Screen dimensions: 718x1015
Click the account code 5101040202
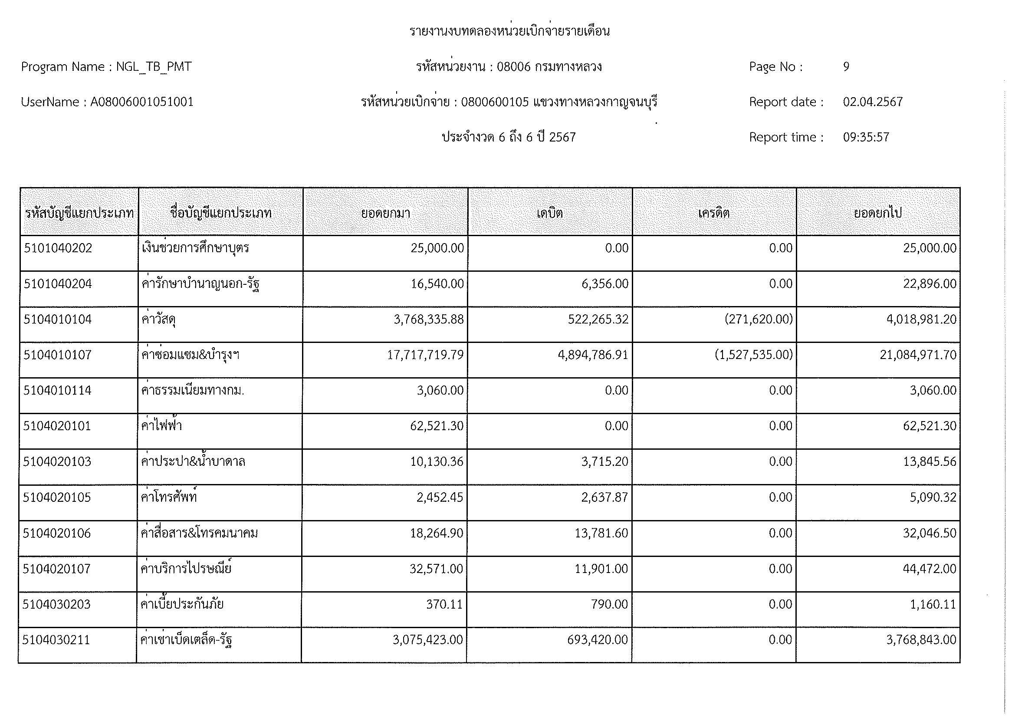(x=58, y=248)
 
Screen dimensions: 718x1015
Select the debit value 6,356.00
(x=604, y=284)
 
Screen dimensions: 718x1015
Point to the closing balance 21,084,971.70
(x=918, y=355)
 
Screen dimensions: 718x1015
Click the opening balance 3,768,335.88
(x=428, y=319)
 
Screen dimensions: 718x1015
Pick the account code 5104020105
(x=57, y=497)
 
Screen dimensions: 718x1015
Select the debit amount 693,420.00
(x=597, y=640)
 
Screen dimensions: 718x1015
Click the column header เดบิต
(x=549, y=213)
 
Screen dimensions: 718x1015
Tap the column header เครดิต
(x=713, y=213)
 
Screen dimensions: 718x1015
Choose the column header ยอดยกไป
(x=877, y=213)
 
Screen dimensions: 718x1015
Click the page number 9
(x=846, y=67)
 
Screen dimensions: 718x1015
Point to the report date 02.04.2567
(x=872, y=102)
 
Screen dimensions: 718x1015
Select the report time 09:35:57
(x=866, y=137)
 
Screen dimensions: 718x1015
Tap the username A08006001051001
(x=142, y=102)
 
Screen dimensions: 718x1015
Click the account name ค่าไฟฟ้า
(x=161, y=426)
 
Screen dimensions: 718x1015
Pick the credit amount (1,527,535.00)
(x=753, y=355)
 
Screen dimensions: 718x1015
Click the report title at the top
(x=509, y=31)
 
